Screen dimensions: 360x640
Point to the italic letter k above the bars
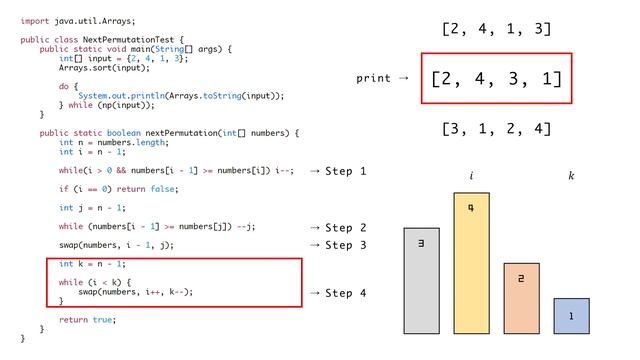tap(571, 177)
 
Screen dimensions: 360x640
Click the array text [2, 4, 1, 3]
tap(497, 28)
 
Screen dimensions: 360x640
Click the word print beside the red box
tap(374, 77)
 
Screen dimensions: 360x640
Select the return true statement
tap(87, 319)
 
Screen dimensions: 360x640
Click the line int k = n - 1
tap(91, 263)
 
